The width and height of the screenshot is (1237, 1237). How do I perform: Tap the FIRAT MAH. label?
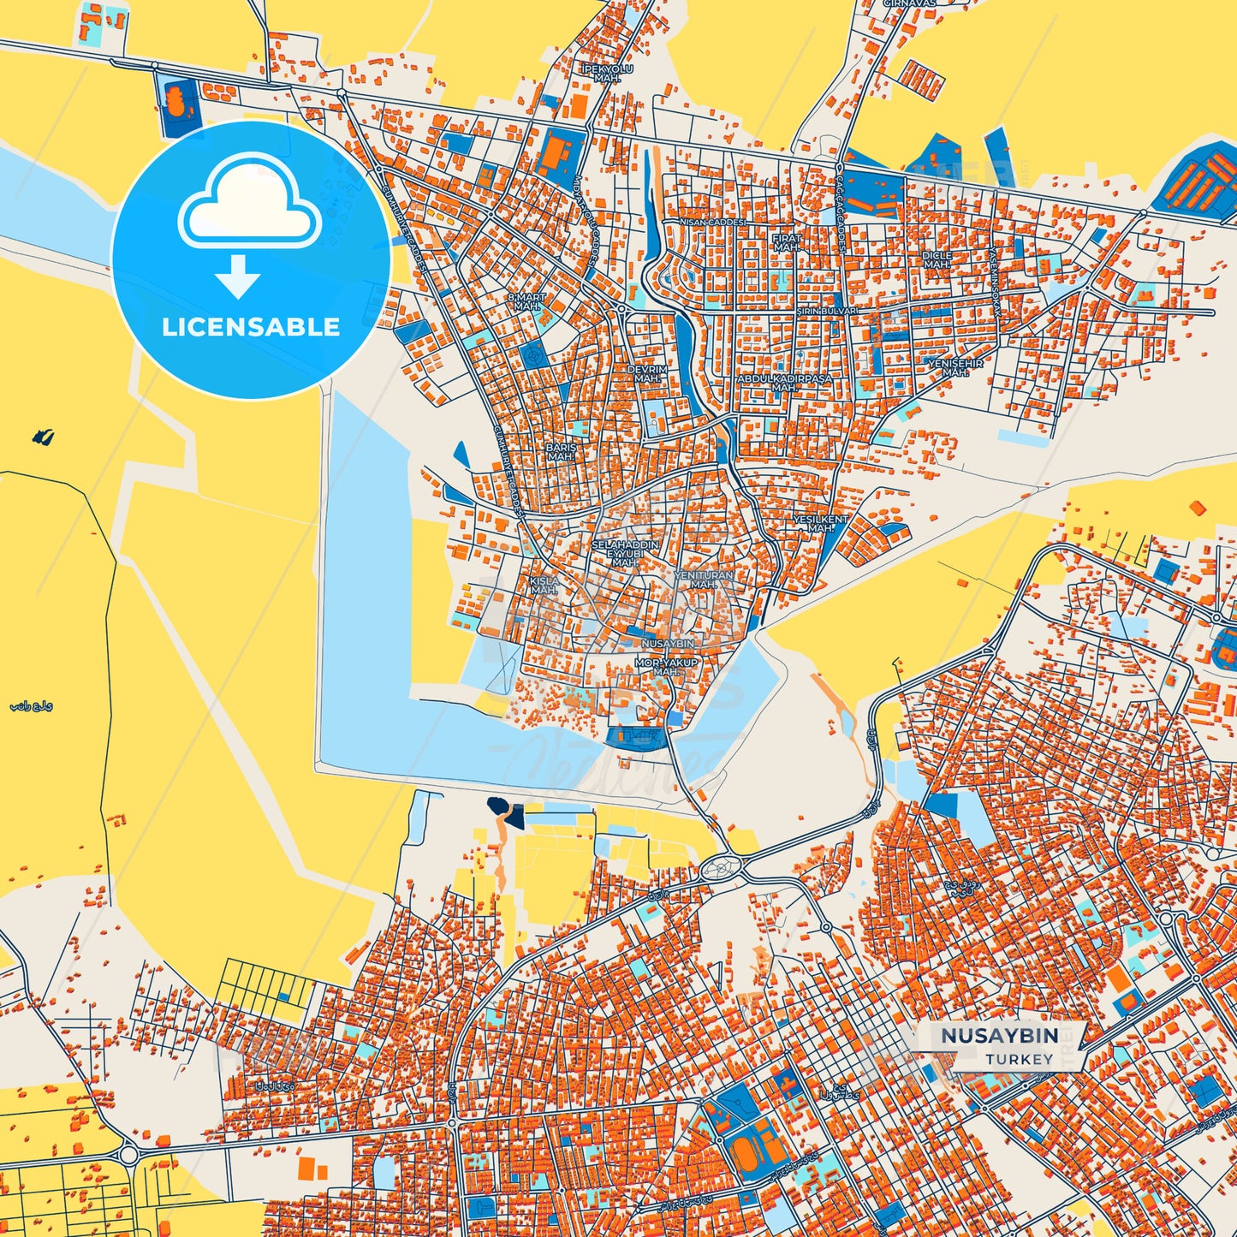click(x=787, y=243)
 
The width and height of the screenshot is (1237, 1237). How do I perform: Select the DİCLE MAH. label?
click(x=937, y=260)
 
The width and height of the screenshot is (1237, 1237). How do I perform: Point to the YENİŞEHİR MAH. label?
click(x=955, y=368)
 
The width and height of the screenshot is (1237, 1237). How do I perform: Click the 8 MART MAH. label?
click(x=526, y=301)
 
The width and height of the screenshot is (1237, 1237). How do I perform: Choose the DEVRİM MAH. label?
click(x=647, y=374)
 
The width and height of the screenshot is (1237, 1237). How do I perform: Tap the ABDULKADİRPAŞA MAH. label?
click(x=784, y=383)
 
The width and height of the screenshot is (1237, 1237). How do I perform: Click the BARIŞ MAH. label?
click(x=561, y=452)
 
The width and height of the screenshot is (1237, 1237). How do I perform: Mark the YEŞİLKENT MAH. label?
click(x=820, y=524)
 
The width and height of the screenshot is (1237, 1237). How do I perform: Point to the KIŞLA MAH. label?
click(x=544, y=586)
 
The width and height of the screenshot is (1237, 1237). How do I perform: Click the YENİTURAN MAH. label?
click(x=704, y=580)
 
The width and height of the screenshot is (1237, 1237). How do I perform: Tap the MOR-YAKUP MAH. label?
click(x=667, y=667)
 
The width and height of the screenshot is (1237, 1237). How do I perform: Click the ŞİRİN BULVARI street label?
click(x=826, y=312)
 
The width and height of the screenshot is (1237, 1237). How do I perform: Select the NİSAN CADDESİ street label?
click(x=711, y=222)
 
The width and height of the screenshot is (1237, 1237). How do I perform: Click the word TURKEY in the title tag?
click(x=1019, y=1059)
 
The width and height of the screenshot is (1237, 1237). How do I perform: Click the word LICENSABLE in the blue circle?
click(x=251, y=327)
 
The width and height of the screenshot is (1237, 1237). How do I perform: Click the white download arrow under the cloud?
click(x=238, y=277)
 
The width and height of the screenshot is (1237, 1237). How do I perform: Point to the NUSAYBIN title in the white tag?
click(x=999, y=1035)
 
